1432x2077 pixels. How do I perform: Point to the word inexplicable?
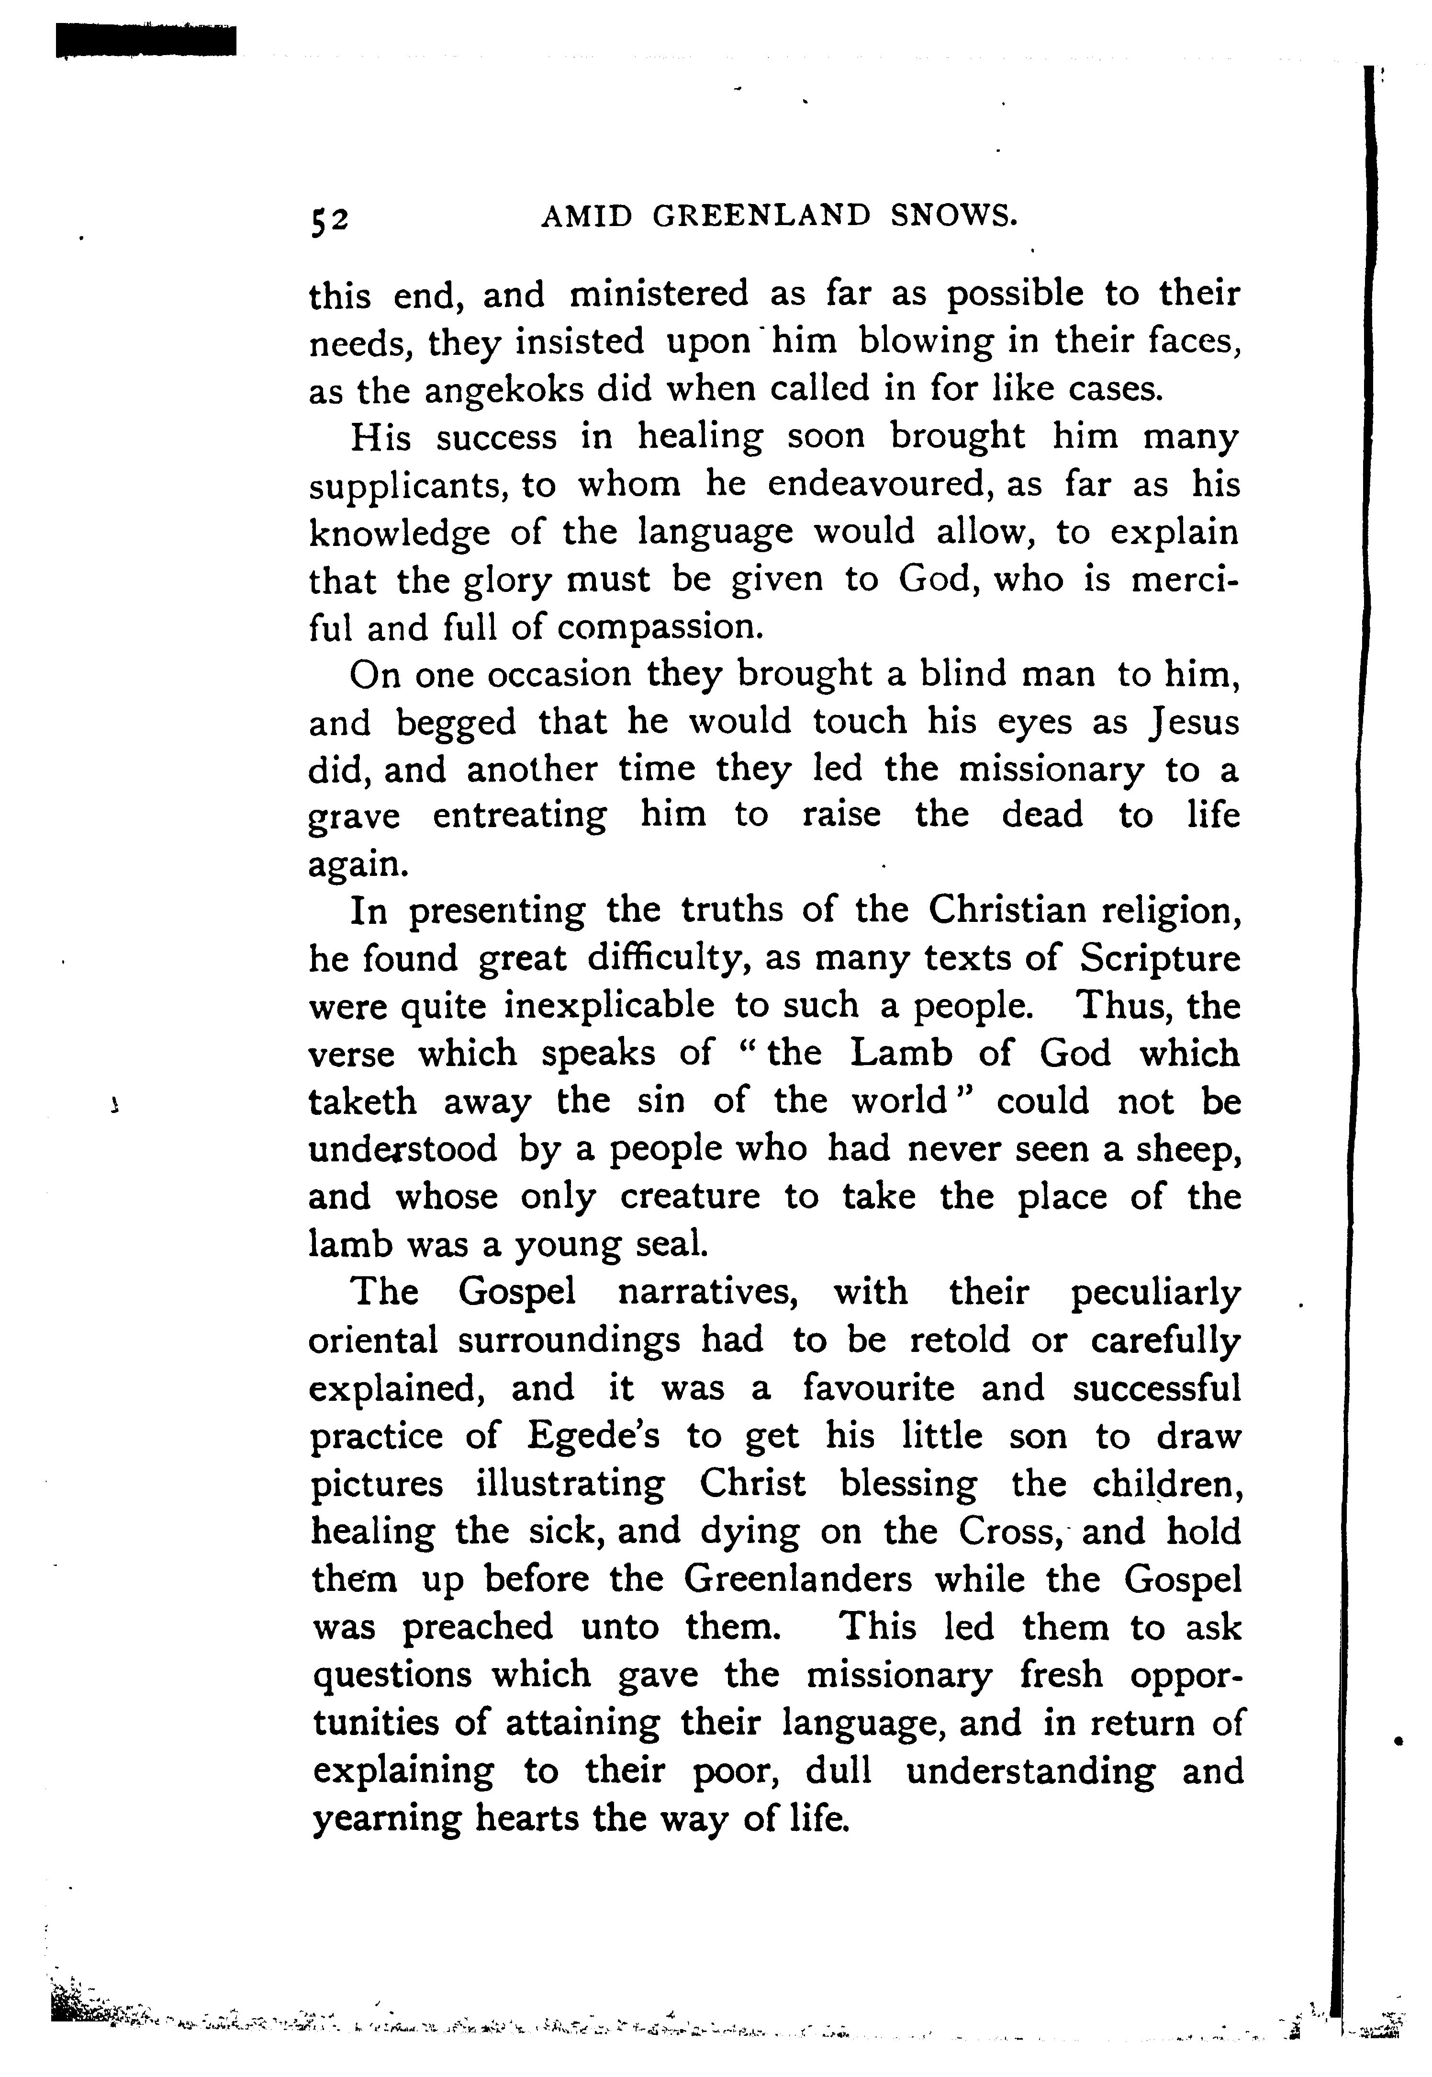(609, 1006)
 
